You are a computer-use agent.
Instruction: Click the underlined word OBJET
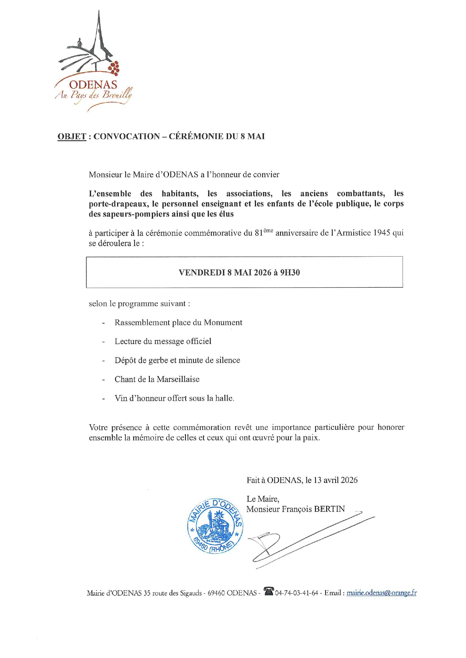(72, 137)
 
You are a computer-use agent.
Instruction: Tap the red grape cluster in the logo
(114, 68)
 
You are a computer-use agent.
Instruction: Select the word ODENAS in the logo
(93, 85)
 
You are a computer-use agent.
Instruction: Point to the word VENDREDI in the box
(202, 273)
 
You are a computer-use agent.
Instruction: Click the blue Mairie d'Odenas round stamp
(215, 526)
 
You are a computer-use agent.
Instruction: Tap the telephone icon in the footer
(268, 591)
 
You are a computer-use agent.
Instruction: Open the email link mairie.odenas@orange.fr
(381, 593)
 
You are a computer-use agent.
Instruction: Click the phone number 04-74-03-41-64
(297, 593)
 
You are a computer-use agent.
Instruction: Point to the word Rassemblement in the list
(142, 323)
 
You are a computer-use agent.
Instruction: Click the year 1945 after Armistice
(382, 233)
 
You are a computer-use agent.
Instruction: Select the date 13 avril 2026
(336, 480)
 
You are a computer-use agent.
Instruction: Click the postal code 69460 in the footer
(216, 593)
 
